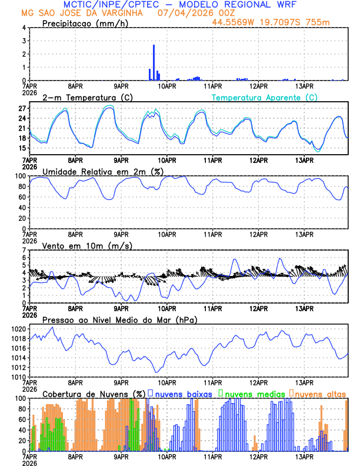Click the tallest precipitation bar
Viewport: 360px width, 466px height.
tap(154, 62)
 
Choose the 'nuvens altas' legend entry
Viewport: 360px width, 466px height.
tap(319, 393)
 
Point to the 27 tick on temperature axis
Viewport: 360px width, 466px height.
tap(22, 109)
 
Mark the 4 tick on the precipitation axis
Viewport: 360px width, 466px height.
tap(24, 28)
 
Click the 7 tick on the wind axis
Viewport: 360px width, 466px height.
tap(24, 250)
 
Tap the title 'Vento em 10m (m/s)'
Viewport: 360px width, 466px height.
tap(87, 245)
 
